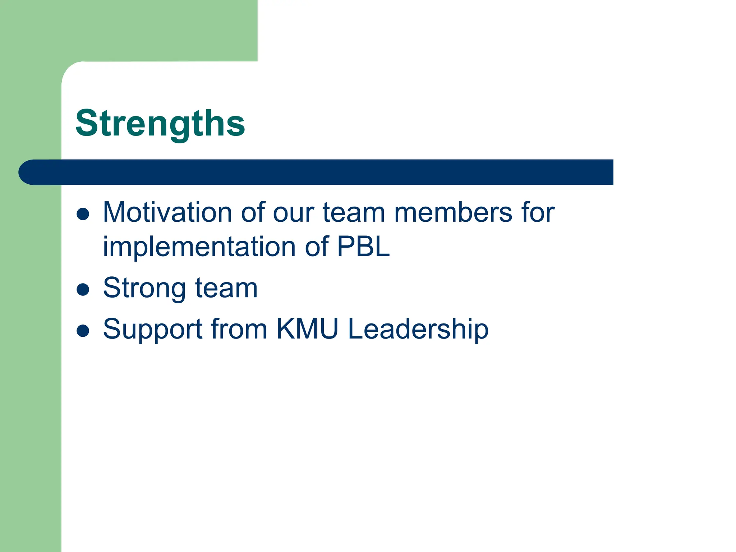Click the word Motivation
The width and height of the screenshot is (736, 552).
(x=167, y=213)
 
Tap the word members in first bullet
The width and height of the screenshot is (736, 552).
(x=453, y=213)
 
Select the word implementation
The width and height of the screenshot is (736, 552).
(x=199, y=247)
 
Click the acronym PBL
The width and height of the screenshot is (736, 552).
(x=363, y=247)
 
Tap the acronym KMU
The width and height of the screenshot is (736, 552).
(x=307, y=329)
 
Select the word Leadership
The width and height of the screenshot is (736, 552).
(x=418, y=330)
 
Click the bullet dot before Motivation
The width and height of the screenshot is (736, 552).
(x=83, y=214)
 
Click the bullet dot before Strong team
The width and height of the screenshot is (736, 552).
(x=83, y=290)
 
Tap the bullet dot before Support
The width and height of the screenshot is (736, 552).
(x=83, y=331)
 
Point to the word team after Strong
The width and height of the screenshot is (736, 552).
(x=226, y=288)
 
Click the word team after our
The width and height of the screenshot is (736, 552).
(x=354, y=213)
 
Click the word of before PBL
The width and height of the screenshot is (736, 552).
(x=317, y=247)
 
